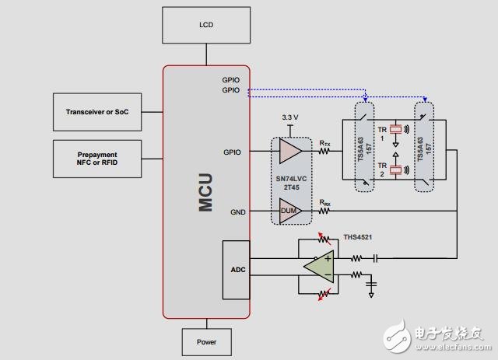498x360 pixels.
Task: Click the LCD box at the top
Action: (x=205, y=25)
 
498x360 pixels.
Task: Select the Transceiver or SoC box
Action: (x=97, y=113)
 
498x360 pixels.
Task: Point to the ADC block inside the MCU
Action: (x=237, y=270)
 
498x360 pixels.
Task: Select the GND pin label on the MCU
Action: (x=237, y=211)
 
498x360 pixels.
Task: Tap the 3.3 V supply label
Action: (x=289, y=117)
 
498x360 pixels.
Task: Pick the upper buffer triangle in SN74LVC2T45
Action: (x=289, y=152)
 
